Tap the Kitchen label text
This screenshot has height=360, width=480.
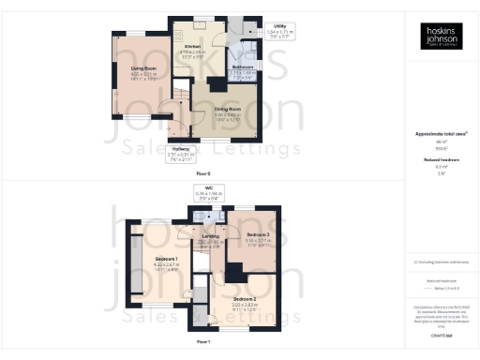point(193,46)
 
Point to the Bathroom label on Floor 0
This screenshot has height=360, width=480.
point(243,67)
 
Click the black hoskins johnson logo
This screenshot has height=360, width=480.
point(440,36)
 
